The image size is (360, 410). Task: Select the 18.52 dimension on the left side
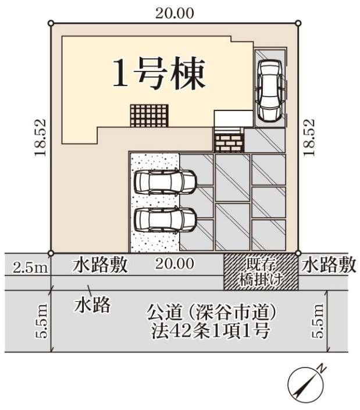coord(40,137)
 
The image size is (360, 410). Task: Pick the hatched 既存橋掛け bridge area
coord(262,272)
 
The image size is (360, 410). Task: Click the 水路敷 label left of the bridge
coord(100,265)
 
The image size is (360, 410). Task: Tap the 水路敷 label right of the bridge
coord(329,265)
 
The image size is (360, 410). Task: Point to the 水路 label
coord(92,305)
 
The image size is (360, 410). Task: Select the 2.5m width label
coord(29,268)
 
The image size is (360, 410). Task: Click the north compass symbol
coord(305,382)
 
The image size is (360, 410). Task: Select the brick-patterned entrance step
coord(229,140)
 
